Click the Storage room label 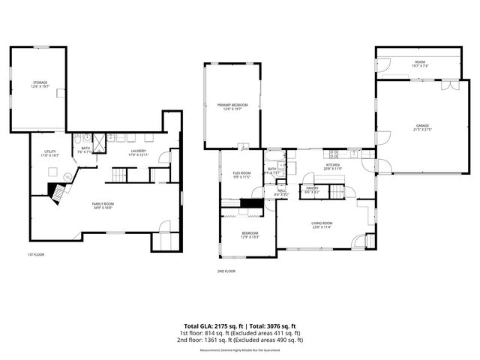tap(40, 84)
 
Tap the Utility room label tap(50, 154)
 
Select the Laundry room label tap(138, 153)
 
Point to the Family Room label tap(103, 205)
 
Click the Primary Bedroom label tap(232, 107)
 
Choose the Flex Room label tap(241, 175)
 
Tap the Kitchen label tap(332, 166)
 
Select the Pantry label tap(312, 190)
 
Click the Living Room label tap(322, 224)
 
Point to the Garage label tap(424, 127)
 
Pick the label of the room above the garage tap(419, 64)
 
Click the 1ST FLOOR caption tap(35, 254)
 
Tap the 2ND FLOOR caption tap(226, 271)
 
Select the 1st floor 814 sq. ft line tap(239, 333)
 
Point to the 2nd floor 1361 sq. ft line tap(239, 340)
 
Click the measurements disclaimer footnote tap(239, 350)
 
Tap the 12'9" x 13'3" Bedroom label tap(250, 235)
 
